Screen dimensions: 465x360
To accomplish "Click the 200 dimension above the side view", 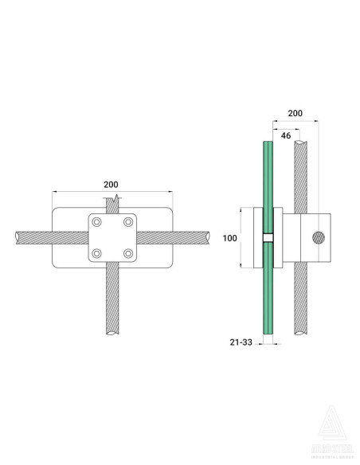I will coord(295,115).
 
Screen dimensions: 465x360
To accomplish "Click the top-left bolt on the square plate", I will coord(97,221).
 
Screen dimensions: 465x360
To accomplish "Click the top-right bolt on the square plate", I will coord(127,221).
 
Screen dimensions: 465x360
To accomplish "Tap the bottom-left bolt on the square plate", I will coord(97,253).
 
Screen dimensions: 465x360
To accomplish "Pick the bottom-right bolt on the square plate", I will coord(127,253).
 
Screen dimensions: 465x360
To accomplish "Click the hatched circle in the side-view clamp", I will coord(319,237).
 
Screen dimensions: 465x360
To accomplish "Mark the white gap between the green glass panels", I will coord(268,237).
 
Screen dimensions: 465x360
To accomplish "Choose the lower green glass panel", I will coord(268,295).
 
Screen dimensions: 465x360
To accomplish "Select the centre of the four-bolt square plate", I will coord(112,237).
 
